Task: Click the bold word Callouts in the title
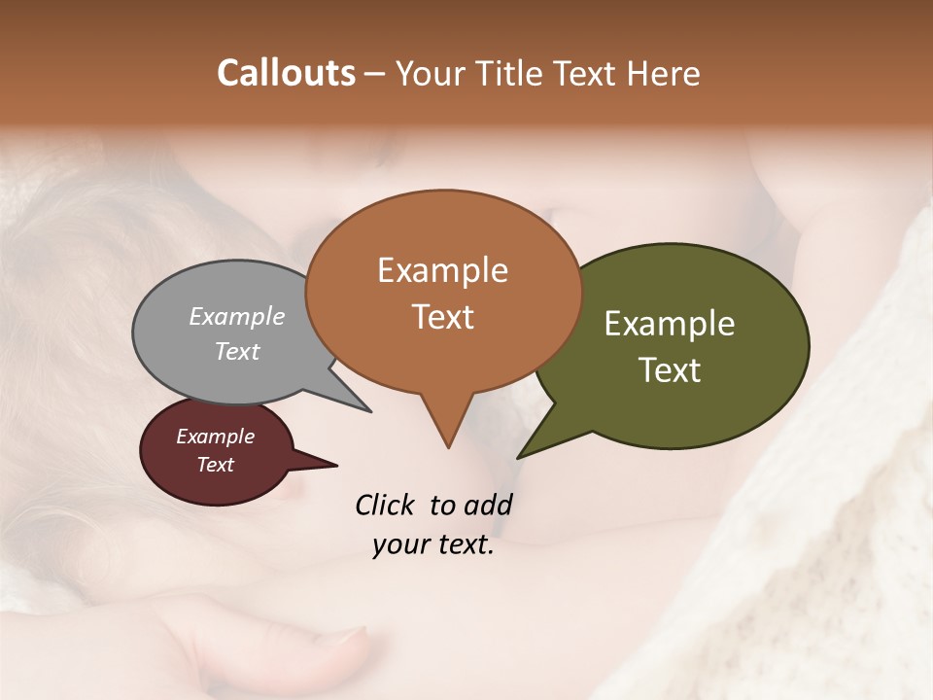(286, 73)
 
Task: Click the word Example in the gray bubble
(236, 316)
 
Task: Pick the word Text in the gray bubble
(236, 351)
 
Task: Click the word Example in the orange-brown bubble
(442, 270)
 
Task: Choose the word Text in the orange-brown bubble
(443, 317)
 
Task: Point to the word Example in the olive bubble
(670, 324)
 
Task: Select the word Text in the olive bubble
(670, 370)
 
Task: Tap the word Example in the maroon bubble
(215, 437)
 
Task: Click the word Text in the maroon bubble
(215, 465)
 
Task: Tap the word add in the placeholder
(488, 505)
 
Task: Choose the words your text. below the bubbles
(432, 545)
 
